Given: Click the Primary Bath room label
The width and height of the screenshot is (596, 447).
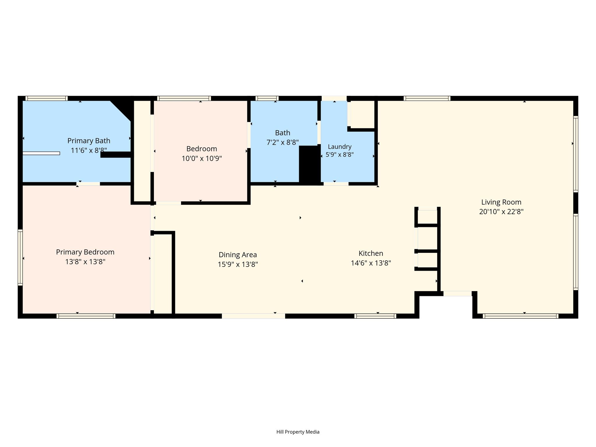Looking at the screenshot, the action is (x=89, y=141).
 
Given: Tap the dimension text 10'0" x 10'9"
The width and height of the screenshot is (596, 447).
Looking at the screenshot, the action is (x=202, y=159).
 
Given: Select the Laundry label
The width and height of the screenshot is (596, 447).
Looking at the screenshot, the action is (x=340, y=147).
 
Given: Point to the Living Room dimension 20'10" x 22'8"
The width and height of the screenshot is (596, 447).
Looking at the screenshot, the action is (x=501, y=212).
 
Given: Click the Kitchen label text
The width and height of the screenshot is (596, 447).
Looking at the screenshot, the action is (x=371, y=253).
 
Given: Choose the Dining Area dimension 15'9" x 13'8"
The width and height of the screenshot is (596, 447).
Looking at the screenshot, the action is (x=238, y=264).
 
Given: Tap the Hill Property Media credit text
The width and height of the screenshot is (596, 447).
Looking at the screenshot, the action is (x=298, y=432).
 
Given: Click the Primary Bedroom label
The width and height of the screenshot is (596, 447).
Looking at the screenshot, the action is (x=85, y=252).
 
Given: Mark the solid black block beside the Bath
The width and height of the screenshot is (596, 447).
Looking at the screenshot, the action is (x=310, y=164).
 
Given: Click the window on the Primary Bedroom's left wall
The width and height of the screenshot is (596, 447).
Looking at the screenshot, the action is (x=20, y=257).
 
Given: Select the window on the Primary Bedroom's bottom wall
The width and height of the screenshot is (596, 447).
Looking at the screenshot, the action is (x=86, y=316).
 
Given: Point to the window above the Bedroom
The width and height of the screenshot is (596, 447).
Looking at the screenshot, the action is (x=184, y=98).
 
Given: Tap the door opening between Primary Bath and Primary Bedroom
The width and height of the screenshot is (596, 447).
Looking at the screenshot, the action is (x=88, y=184).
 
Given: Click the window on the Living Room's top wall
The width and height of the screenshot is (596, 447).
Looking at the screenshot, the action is (x=427, y=98).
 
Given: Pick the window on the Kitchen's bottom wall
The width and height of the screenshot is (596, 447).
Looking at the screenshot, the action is (x=375, y=316).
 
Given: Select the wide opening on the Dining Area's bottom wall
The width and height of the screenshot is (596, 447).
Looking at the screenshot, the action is (x=253, y=316).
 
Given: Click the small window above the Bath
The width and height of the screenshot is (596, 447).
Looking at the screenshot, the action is (x=267, y=98).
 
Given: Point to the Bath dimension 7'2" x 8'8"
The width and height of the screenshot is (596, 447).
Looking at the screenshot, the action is (x=283, y=142).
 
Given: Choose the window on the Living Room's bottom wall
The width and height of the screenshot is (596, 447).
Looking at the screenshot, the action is (x=520, y=316).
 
